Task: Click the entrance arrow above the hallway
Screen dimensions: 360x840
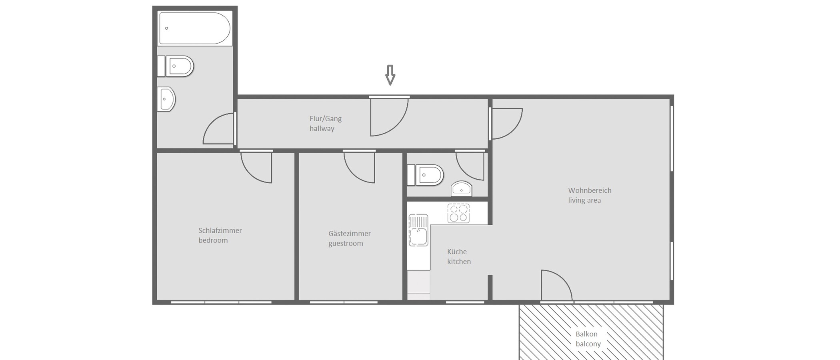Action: (x=390, y=75)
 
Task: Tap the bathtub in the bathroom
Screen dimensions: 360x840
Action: (x=195, y=28)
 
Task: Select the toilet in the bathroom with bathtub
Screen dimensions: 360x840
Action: (x=179, y=66)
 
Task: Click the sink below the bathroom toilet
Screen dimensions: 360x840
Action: (x=166, y=99)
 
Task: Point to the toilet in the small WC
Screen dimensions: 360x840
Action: (x=428, y=175)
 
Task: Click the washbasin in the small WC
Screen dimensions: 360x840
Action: (x=462, y=189)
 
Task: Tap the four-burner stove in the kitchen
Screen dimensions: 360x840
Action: (x=458, y=213)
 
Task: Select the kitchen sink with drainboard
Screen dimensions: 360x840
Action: (x=418, y=230)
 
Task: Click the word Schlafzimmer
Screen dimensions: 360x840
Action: (x=220, y=230)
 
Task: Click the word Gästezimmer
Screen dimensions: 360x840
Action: (x=349, y=233)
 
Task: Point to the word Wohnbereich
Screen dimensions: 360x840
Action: (x=590, y=190)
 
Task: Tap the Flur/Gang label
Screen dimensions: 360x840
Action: (x=325, y=118)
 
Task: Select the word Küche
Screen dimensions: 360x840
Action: (x=457, y=252)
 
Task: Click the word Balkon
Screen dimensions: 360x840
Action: (x=586, y=334)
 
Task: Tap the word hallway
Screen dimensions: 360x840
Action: (x=322, y=128)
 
